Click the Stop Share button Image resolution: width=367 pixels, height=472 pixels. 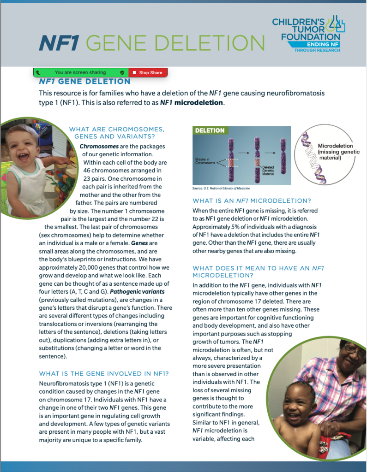point(148,72)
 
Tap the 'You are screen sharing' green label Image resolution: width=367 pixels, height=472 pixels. point(80,72)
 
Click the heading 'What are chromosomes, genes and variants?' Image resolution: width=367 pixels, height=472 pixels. point(116,133)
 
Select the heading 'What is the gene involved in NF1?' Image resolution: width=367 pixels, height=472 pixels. point(104,373)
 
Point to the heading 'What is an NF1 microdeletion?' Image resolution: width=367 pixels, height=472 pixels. point(252,201)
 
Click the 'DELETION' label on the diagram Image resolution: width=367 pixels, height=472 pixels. point(210,130)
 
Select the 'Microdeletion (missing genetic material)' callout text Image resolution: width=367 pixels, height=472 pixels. point(338,152)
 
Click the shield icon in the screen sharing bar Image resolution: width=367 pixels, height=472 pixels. point(122,73)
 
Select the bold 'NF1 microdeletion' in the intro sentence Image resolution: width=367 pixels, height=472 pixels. point(192,102)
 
